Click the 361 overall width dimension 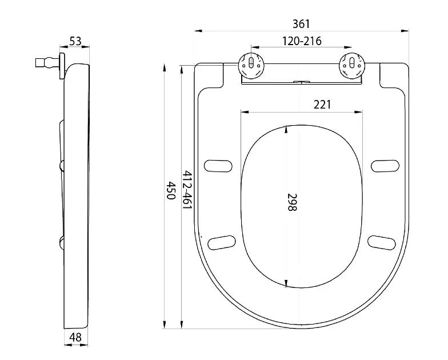pos(301,24)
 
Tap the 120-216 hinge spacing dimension pos(301,41)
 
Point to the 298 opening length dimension pos(291,202)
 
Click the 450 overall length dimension pos(170,190)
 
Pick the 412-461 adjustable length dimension pos(186,190)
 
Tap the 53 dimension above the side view pos(75,41)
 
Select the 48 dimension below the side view pos(75,337)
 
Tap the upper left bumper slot pos(220,165)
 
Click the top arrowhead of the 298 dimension pos(286,129)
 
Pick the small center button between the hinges pos(300,83)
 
